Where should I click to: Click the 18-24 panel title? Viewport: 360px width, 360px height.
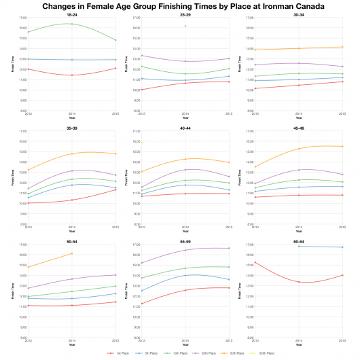coord(71,14)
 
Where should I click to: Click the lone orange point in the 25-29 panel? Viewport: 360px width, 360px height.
coord(185,26)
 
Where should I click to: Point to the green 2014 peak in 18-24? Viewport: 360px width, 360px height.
coord(71,24)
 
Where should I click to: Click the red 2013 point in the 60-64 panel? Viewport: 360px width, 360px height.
coord(255,262)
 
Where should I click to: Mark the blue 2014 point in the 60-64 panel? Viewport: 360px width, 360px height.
coord(298,246)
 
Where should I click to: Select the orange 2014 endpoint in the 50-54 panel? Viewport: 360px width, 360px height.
coord(71,253)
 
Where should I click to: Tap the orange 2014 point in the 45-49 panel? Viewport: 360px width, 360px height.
coord(298,149)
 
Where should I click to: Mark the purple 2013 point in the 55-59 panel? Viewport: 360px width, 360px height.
coord(141,263)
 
